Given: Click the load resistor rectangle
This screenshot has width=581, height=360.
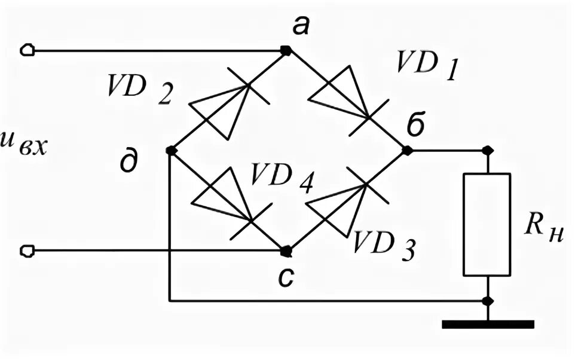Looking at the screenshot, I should pos(487,224).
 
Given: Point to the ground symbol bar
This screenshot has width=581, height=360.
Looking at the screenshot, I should pos(487,325).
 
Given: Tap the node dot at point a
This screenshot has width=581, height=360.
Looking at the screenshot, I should pos(287,50).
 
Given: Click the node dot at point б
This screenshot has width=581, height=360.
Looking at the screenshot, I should pos(407,151).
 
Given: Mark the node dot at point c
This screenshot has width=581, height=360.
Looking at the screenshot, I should pos(286,250).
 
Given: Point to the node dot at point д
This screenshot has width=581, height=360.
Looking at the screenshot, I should pos(170,151).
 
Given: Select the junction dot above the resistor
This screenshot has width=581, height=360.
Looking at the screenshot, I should pos(487,150).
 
